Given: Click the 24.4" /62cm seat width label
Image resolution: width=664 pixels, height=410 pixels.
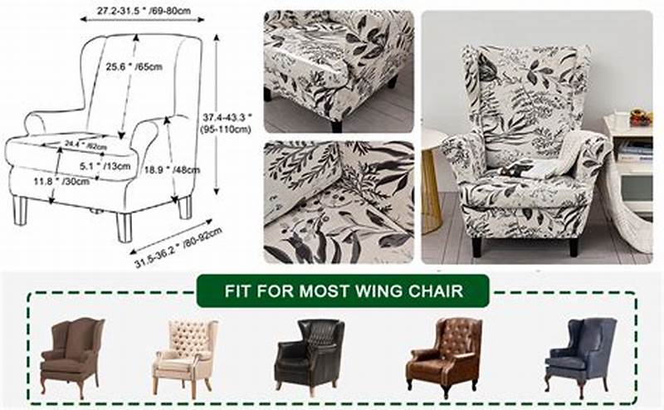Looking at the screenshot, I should coord(85,144).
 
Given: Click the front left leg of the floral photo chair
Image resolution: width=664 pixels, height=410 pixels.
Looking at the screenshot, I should coord(477,246).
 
